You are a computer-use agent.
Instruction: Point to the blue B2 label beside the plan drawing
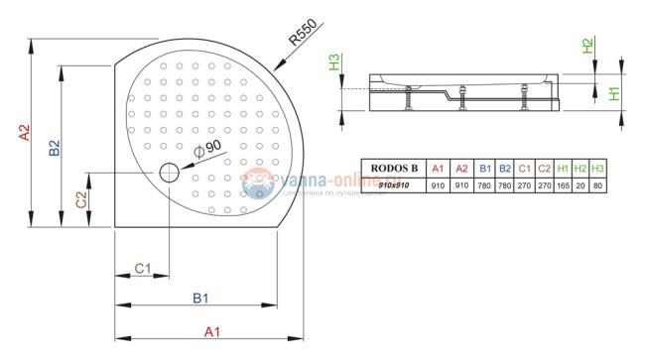56,148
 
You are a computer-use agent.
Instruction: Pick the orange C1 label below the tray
142,268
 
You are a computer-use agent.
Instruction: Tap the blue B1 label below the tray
199,297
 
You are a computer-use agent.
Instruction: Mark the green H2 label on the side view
587,46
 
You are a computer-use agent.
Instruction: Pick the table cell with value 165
563,185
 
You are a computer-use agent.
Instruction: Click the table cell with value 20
580,185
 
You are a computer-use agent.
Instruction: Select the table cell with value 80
597,185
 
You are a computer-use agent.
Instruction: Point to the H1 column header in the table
563,169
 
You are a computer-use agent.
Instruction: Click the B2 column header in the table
505,169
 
